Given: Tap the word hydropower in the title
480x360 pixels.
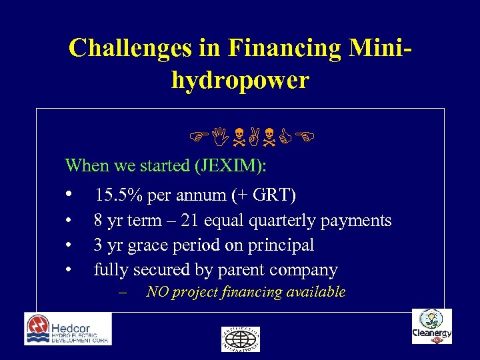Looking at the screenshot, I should coord(240,80).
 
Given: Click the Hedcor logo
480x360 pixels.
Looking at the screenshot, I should coord(68,329).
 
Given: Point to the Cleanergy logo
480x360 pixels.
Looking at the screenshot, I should coord(431,327).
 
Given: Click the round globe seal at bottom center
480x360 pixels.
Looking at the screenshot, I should coord(240,339).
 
